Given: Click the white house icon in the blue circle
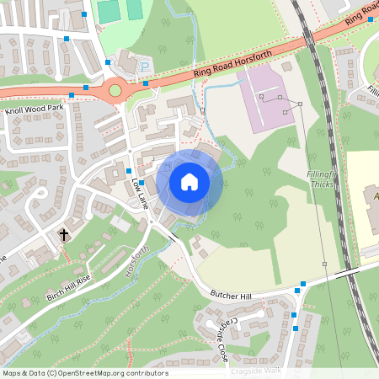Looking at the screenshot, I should click(189, 181).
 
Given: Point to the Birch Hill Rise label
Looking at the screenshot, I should click(69, 286).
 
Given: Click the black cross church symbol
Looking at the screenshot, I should click(63, 234).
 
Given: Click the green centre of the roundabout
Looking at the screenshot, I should click(115, 88).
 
